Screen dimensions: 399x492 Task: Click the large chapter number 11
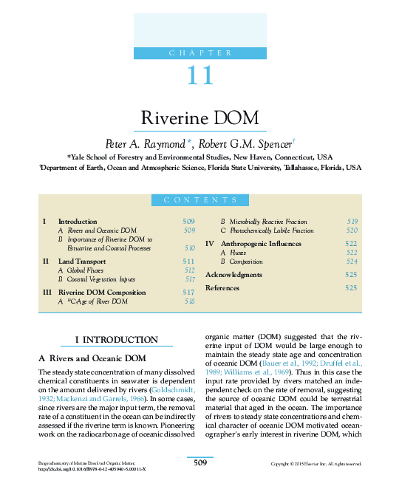tap(199, 75)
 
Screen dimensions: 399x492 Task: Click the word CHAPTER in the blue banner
tap(199, 52)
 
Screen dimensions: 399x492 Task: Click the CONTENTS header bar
tap(199, 200)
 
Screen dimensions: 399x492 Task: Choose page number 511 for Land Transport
tap(188, 262)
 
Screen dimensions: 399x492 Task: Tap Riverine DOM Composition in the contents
tap(102, 293)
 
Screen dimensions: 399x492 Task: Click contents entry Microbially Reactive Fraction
tap(267, 222)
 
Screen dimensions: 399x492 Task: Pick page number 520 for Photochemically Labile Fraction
tap(352, 231)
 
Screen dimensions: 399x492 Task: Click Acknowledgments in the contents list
tap(233, 275)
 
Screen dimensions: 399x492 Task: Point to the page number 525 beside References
tap(351, 287)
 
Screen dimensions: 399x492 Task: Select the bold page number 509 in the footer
tap(199, 462)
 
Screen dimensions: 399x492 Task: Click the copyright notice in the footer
tap(316, 464)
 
